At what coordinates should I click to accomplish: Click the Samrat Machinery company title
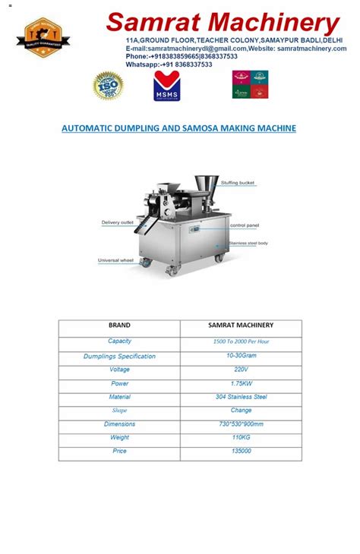(223, 22)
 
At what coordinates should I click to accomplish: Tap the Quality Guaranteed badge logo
(48, 37)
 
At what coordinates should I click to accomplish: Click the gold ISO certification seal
(108, 86)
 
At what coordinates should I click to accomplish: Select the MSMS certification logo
(166, 87)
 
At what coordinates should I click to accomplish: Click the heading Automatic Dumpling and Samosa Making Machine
(178, 128)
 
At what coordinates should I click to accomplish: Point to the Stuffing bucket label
(238, 183)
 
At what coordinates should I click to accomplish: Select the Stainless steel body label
(248, 243)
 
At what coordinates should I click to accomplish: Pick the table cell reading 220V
(241, 370)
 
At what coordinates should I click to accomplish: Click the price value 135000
(241, 452)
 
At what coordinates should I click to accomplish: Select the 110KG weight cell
(241, 438)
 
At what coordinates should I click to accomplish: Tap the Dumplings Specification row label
(119, 356)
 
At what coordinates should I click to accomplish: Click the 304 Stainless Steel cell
(241, 397)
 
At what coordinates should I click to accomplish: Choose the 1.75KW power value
(241, 383)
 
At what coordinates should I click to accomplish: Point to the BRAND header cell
(119, 326)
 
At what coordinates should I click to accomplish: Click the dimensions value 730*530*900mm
(241, 424)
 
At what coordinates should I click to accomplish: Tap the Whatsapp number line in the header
(169, 65)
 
